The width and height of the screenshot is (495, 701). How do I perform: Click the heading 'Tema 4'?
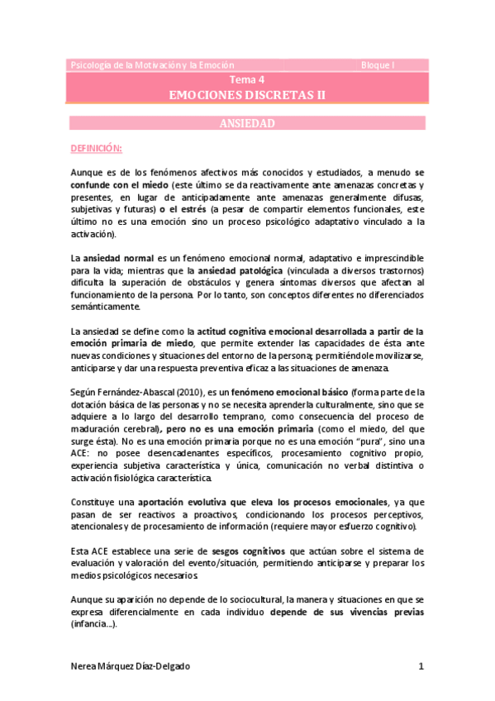(x=247, y=80)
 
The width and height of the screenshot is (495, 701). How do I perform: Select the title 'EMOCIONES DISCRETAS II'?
(x=247, y=95)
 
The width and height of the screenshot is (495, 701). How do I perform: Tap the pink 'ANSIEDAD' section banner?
(x=247, y=123)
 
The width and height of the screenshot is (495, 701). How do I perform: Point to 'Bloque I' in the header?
(x=378, y=64)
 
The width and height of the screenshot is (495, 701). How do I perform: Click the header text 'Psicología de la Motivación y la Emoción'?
(x=153, y=64)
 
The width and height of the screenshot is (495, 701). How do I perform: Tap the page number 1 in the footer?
(x=421, y=665)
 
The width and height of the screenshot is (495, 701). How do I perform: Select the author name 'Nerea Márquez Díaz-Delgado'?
(x=136, y=665)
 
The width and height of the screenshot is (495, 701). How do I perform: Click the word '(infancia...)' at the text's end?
(x=93, y=625)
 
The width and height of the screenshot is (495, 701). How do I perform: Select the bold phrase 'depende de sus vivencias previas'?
(x=361, y=613)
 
